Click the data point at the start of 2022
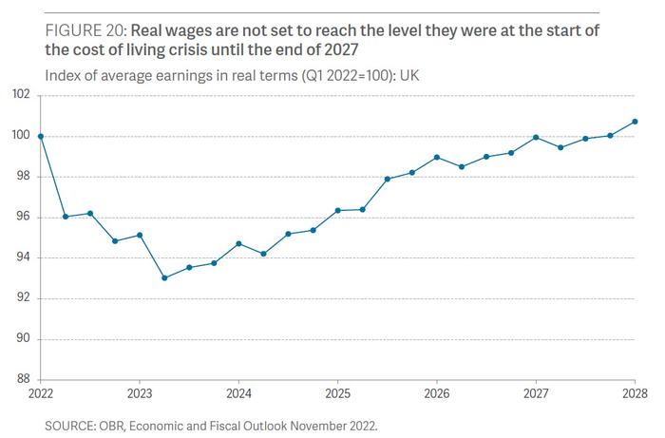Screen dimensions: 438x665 [41, 136]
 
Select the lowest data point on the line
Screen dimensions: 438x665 [164, 278]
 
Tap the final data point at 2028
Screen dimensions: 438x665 [635, 122]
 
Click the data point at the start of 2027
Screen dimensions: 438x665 [536, 137]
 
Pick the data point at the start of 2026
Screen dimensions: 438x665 [437, 157]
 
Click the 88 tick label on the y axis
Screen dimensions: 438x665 [23, 379]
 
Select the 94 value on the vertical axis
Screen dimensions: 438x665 [23, 257]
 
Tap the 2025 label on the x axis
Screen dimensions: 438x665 [338, 392]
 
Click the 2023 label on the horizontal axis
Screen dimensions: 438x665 [140, 392]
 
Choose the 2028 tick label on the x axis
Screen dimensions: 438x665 [635, 392]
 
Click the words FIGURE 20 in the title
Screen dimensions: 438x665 [83, 31]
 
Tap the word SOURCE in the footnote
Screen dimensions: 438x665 [69, 425]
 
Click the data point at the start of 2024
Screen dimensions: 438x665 [238, 243]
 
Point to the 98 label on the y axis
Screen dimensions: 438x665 [23, 177]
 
